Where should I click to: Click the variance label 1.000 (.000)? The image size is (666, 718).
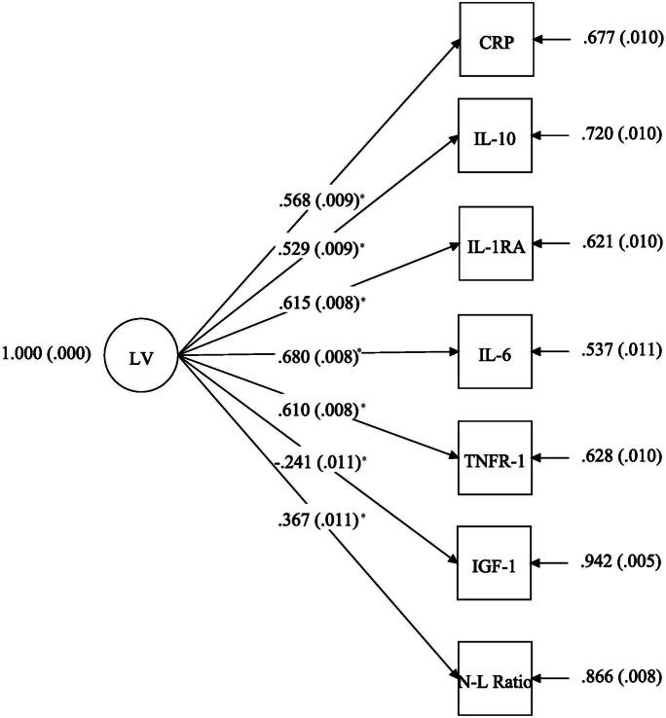47,355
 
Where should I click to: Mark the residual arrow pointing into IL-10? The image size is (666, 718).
554,138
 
